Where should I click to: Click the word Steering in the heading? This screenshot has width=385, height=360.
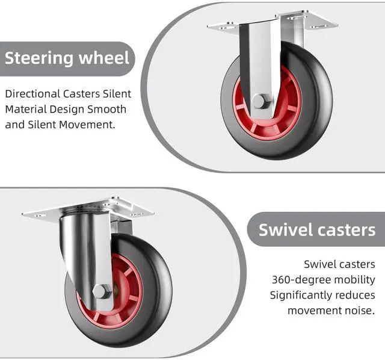(x=39, y=58)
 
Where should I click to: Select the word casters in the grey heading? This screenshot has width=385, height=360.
(x=348, y=229)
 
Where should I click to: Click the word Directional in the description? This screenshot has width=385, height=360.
(x=32, y=94)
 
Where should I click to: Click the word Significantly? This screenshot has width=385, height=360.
(x=304, y=294)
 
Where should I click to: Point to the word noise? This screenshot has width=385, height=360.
(x=360, y=310)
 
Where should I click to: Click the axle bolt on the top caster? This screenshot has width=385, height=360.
(x=260, y=101)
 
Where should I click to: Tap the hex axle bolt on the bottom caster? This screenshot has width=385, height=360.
(x=102, y=293)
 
